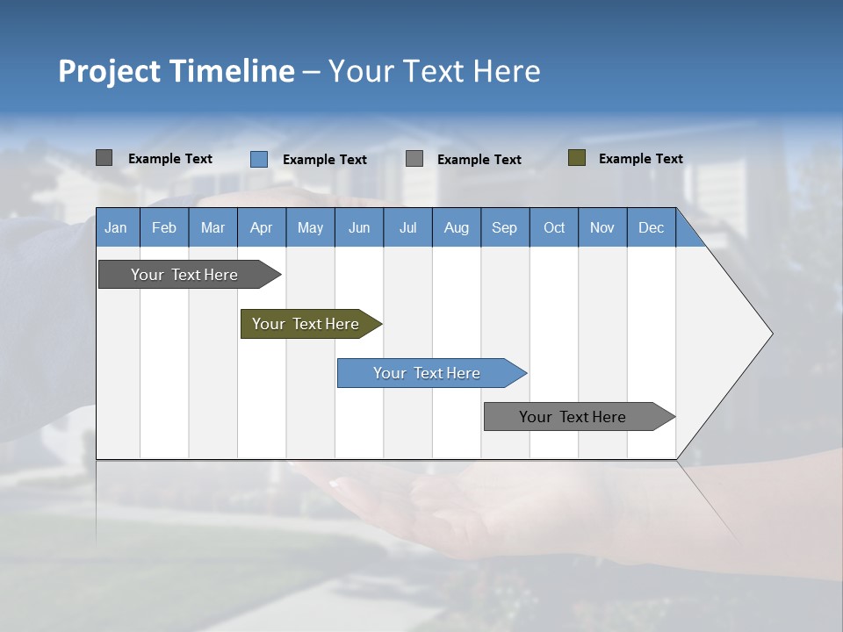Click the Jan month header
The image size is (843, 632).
(x=117, y=227)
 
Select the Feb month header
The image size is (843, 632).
(x=164, y=227)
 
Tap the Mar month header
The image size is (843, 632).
(x=213, y=227)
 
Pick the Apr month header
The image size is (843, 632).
(x=262, y=227)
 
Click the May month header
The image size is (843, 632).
(x=310, y=227)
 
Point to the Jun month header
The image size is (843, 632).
(x=359, y=227)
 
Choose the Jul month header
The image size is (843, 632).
(x=407, y=227)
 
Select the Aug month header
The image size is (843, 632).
(x=457, y=227)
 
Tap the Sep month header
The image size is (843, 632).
(x=505, y=227)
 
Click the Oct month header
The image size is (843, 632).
(x=554, y=227)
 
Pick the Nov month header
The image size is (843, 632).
(x=602, y=227)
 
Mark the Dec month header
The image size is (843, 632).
(x=652, y=227)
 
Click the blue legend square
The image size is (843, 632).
(x=259, y=159)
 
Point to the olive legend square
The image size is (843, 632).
(x=577, y=158)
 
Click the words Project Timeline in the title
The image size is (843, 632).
(x=177, y=71)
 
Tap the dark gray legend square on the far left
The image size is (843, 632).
(x=104, y=158)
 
